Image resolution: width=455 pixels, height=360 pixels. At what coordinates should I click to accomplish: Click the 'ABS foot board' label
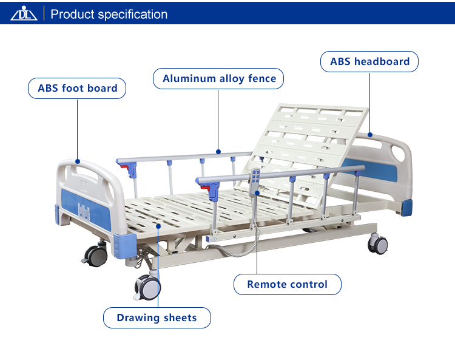tap(77, 88)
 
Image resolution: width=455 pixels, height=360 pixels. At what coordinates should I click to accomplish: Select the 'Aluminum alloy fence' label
tap(218, 79)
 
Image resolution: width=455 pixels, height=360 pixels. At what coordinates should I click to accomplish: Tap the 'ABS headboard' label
tap(369, 61)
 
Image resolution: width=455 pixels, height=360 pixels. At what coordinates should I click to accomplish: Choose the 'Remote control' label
tap(288, 284)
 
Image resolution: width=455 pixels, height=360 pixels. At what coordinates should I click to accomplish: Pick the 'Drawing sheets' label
tap(157, 318)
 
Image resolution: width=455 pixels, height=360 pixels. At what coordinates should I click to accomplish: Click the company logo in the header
tap(24, 13)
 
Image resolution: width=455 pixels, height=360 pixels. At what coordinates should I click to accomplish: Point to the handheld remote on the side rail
tap(254, 182)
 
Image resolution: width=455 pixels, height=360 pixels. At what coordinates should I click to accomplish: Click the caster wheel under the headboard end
tap(377, 244)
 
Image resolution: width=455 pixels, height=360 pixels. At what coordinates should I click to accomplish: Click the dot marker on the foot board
tap(78, 161)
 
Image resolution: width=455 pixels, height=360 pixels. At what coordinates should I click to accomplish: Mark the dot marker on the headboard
tap(370, 135)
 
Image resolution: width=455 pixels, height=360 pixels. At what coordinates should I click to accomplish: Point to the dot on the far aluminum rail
tap(218, 152)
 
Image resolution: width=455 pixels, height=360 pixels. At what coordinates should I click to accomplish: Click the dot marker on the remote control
tap(257, 193)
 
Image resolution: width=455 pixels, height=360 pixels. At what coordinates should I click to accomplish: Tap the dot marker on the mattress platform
tap(158, 226)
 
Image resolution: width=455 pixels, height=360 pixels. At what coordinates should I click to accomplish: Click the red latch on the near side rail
tap(205, 188)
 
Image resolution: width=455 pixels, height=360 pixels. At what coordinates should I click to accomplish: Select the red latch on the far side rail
tap(124, 167)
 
